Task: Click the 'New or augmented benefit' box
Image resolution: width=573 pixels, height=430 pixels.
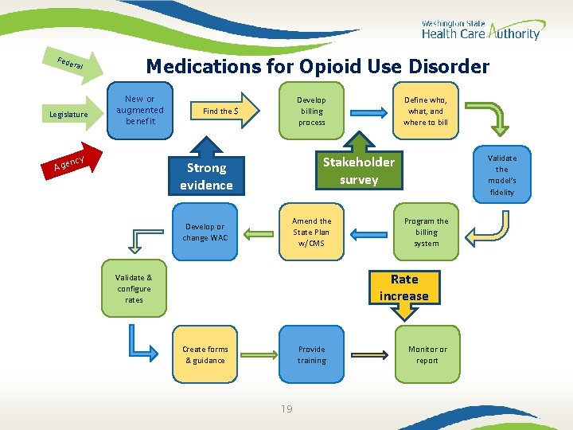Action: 140,111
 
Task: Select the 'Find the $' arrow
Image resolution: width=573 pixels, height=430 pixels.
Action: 224,111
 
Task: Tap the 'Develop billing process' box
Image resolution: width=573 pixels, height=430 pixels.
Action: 311,111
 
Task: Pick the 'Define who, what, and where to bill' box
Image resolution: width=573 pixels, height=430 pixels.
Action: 426,111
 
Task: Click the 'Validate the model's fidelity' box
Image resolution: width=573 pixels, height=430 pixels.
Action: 502,175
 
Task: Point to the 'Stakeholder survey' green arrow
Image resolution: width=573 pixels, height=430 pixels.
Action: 358,170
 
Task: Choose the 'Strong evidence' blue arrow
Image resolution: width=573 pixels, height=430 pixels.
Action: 206,174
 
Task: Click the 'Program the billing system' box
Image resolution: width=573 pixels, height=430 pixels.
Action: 426,232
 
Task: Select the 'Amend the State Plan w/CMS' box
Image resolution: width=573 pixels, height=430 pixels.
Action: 311,232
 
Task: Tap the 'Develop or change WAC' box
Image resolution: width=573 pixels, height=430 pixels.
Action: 205,232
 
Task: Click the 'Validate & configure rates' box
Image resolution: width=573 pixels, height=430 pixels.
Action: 134,288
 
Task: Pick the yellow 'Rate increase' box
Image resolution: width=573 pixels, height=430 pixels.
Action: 404,287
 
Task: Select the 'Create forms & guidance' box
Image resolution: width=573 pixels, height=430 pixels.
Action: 205,354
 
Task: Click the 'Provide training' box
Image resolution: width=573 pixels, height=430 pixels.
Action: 311,354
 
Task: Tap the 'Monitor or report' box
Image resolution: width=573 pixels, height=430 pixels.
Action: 427,354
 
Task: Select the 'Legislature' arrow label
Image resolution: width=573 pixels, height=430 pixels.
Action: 69,115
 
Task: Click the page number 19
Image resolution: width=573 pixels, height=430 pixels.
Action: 286,409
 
